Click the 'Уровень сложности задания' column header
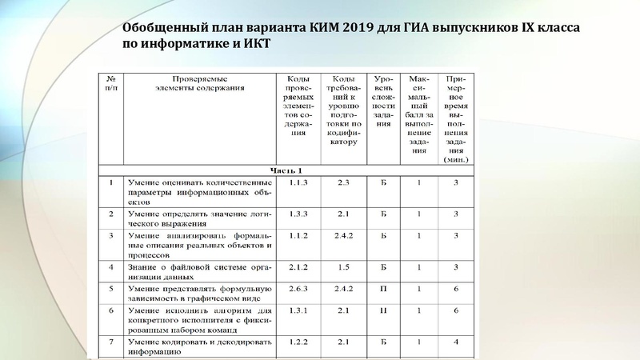384,101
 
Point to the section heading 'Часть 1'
286,170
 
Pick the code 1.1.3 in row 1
300,184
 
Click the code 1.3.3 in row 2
300,214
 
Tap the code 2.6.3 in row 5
300,289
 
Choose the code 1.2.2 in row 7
300,342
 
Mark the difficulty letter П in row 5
384,289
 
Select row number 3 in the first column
110,236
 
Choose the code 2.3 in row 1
344,184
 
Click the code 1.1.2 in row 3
300,236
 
